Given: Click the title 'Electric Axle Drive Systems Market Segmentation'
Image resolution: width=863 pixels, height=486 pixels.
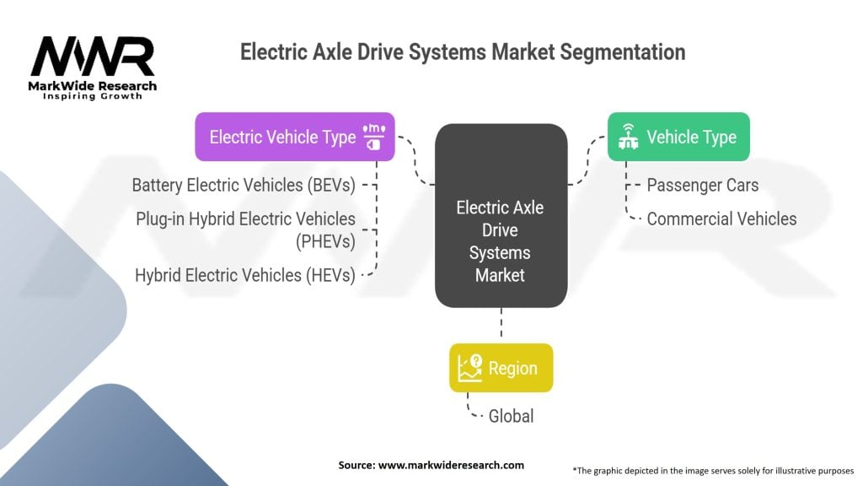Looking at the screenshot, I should click(x=462, y=52).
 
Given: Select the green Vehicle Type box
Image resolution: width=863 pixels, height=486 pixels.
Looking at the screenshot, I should click(x=678, y=137).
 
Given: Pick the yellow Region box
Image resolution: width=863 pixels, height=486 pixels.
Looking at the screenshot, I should click(x=501, y=368).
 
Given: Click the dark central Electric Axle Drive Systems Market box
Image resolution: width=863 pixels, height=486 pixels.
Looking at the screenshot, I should click(x=501, y=215).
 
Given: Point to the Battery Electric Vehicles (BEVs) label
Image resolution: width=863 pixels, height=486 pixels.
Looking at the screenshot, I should click(x=244, y=185).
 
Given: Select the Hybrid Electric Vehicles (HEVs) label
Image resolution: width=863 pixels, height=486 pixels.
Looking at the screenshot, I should click(x=244, y=275).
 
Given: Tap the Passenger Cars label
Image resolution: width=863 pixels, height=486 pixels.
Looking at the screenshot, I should click(x=702, y=185).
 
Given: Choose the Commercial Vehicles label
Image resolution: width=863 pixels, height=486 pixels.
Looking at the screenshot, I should click(x=721, y=219).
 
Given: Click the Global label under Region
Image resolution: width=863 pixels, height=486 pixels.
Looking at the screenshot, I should click(x=511, y=416).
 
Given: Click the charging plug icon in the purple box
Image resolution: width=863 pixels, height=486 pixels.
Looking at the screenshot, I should click(x=373, y=137).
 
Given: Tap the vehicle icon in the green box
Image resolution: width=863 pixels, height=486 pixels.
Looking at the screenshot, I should click(x=627, y=137).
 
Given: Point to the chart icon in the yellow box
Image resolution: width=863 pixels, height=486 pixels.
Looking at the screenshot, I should click(x=469, y=368).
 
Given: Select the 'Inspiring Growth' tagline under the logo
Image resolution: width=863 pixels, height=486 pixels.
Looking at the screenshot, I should click(x=93, y=96).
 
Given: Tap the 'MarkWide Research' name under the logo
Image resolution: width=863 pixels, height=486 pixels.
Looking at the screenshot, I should click(x=93, y=86).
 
